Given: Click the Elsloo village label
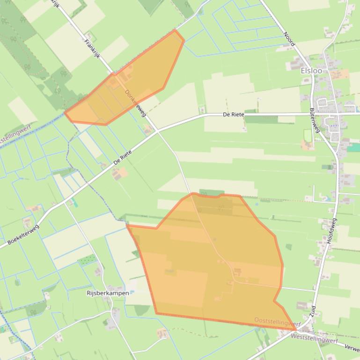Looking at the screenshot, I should point(311,71).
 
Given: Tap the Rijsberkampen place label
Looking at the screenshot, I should point(108,293).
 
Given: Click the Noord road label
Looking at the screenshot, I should point(289,39).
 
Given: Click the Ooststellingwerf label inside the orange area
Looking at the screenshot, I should point(277,321).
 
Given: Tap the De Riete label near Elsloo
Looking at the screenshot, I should point(233,115).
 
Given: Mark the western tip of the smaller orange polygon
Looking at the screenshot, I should point(65,113).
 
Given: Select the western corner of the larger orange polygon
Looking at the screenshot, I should point(127,225).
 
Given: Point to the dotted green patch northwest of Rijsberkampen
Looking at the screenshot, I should point(87,260).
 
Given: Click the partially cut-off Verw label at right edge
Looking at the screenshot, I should point(352,348).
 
